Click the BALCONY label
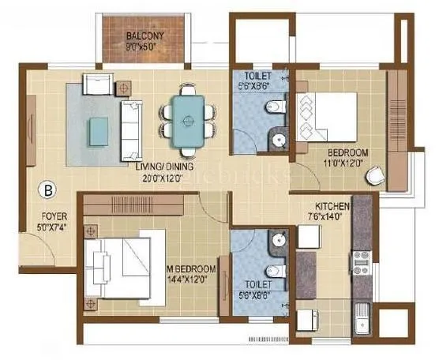click(143, 36)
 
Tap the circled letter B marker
click(49, 189)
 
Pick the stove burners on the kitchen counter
click(362, 263)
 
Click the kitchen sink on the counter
click(362, 315)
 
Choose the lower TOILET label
click(255, 283)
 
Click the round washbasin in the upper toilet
click(278, 141)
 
